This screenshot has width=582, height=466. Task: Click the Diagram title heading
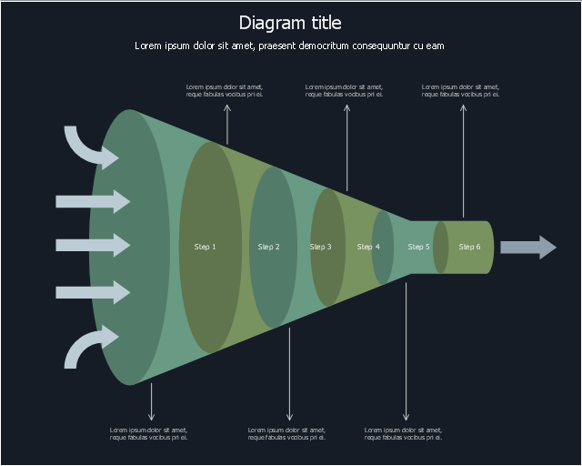point(290,23)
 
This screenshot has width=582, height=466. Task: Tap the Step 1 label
point(206,247)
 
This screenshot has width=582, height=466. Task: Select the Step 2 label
point(268,247)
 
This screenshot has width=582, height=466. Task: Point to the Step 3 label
point(320,247)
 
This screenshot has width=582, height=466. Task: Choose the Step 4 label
point(368,247)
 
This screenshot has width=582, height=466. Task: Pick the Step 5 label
point(418,247)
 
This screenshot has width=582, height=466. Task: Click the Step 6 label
point(469,247)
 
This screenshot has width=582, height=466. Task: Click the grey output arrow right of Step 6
point(528,248)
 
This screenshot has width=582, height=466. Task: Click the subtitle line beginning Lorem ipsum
point(289,46)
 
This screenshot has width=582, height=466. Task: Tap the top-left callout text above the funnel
point(225,91)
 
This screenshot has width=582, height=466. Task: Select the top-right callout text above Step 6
point(461,91)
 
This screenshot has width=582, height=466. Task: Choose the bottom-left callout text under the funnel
point(148,433)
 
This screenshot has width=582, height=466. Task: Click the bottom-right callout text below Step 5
point(403,433)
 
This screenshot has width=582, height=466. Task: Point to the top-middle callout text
point(344,91)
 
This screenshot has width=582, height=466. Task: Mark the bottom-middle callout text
point(286,433)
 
